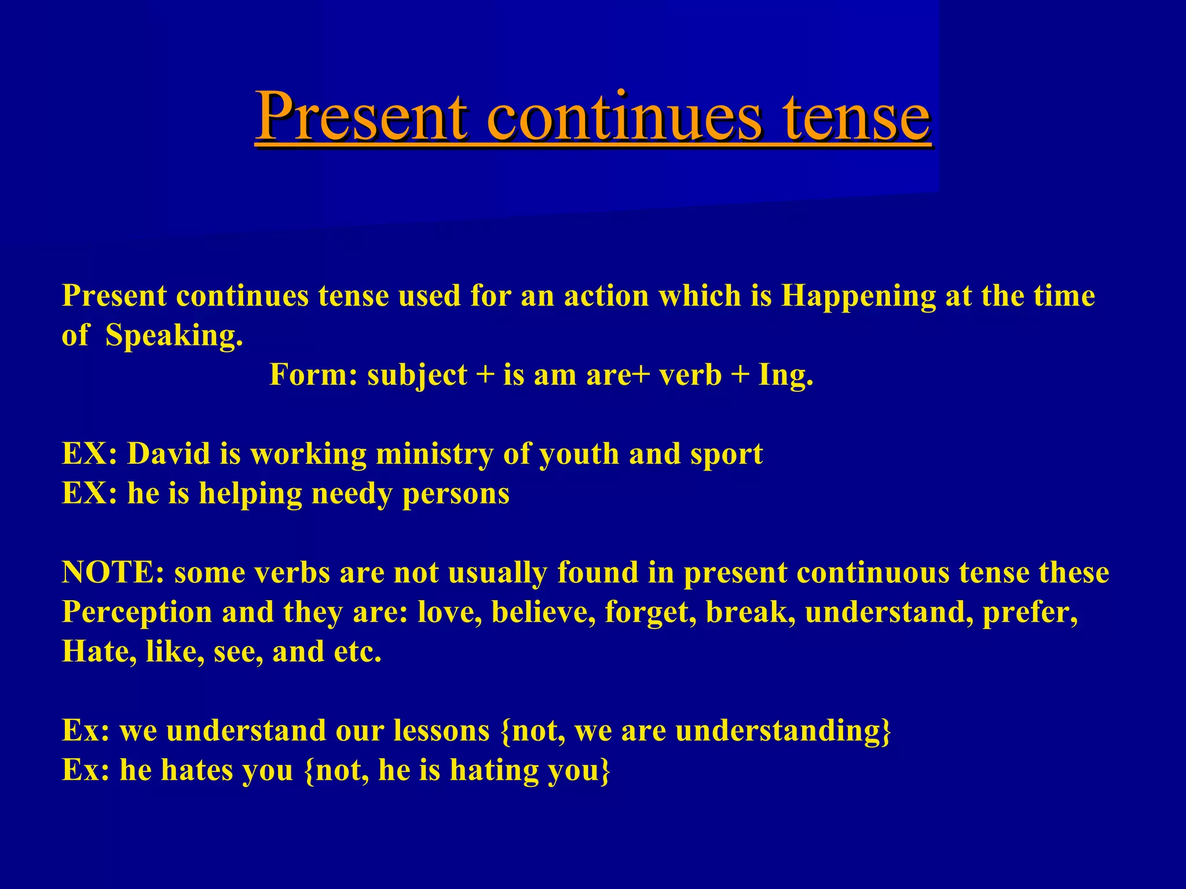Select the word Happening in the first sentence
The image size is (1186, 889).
click(x=858, y=296)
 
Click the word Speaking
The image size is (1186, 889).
click(x=174, y=336)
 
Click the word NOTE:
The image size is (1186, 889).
click(x=113, y=572)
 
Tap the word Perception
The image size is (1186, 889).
click(x=137, y=612)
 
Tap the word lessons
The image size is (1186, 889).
click(x=442, y=730)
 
